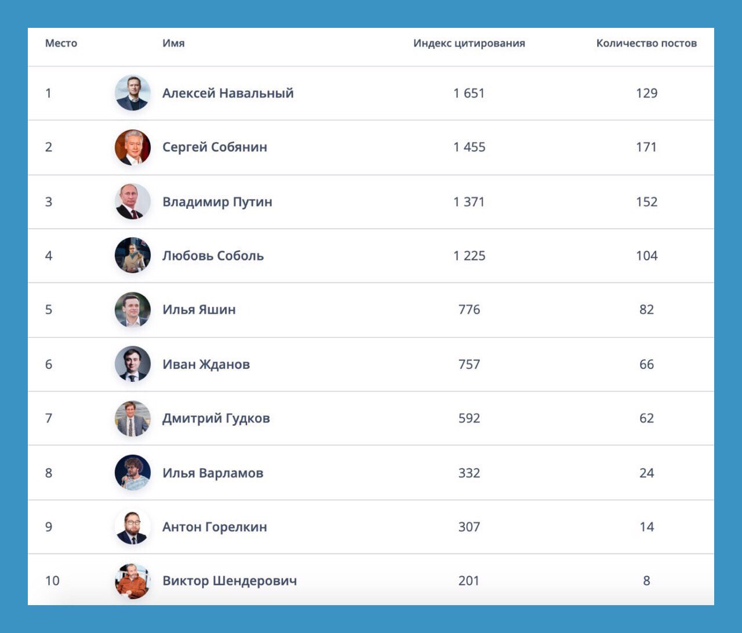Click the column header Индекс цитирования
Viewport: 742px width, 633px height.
tap(469, 44)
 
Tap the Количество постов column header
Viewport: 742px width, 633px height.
tap(646, 44)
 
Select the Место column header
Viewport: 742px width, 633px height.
tap(61, 44)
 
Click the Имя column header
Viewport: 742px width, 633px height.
tap(173, 44)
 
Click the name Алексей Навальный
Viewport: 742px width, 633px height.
tap(228, 93)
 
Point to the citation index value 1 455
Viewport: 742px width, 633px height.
tap(469, 147)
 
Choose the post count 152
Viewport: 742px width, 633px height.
tap(646, 202)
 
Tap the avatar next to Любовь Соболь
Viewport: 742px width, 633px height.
tap(133, 255)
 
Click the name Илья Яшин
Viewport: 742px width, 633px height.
tap(199, 310)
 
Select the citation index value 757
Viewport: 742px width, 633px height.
tap(469, 364)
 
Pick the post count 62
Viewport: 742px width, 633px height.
tap(646, 418)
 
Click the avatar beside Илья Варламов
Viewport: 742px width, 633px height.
tap(133, 472)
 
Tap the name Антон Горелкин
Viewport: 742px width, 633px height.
tap(214, 527)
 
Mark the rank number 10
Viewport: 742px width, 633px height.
tap(52, 581)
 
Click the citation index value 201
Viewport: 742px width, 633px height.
tap(469, 581)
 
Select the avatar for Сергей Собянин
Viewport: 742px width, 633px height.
tap(133, 147)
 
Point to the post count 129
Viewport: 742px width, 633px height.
tap(646, 93)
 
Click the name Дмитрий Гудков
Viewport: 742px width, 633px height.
tap(216, 418)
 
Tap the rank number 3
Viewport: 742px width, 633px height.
tap(49, 202)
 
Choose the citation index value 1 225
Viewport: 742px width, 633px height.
tap(469, 256)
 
